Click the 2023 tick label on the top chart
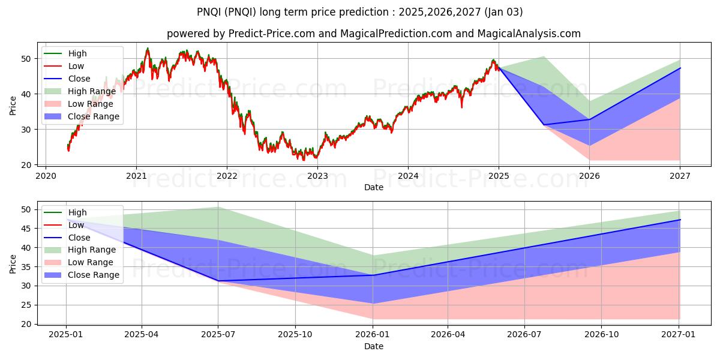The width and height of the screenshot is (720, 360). coord(317,176)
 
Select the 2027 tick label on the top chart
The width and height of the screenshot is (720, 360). coord(680,176)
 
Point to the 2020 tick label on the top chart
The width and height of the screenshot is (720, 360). coord(46,176)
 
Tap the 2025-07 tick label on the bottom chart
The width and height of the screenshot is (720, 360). coord(218,335)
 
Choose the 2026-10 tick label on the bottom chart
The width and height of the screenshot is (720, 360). coord(602,335)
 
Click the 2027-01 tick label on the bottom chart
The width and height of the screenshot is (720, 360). coord(680,335)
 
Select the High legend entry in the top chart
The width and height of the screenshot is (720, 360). coord(77,53)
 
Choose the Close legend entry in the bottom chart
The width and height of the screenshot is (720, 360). coord(79,238)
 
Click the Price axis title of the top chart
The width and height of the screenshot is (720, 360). coord(13,105)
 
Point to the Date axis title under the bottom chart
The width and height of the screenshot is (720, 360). coord(373,346)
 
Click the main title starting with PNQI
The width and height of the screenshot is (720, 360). coord(360,11)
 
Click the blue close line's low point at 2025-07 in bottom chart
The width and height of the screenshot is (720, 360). coord(218,281)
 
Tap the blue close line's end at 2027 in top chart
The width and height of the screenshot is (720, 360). coord(680,68)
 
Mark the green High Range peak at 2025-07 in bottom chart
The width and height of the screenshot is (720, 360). coord(218,207)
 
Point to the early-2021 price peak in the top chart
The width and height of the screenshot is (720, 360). coord(148,49)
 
